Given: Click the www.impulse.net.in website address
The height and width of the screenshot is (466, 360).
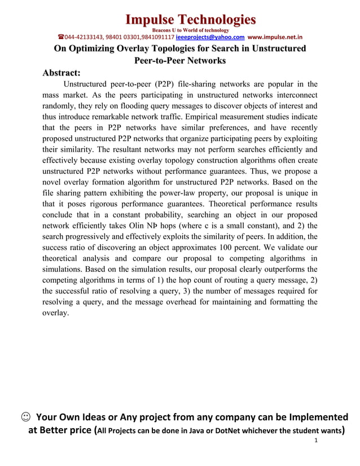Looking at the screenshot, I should click(275, 37).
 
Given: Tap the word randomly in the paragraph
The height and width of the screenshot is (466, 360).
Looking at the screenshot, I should click(61, 107).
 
